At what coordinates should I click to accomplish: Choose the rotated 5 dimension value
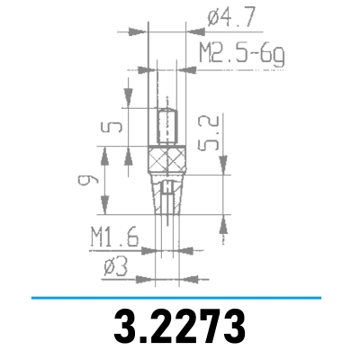point(112,130)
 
